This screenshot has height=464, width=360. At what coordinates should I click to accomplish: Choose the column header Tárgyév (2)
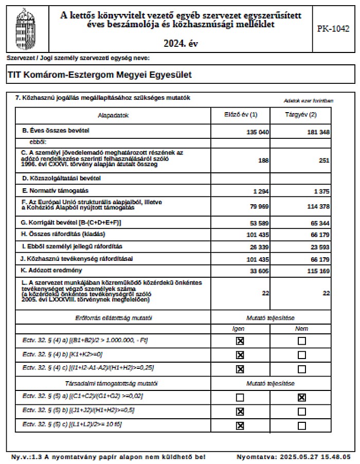[x=301, y=115]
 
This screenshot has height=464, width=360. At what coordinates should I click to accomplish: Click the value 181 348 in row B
[x=317, y=132]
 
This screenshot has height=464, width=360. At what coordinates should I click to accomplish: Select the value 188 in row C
[x=263, y=160]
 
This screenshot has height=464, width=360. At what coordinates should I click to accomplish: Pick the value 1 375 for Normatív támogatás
[x=320, y=191]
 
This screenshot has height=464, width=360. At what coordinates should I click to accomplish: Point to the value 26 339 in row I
[x=259, y=247]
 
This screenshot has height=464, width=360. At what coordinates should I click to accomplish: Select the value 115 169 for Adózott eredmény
[x=317, y=271]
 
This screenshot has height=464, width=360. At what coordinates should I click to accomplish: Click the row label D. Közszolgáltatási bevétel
[x=61, y=179]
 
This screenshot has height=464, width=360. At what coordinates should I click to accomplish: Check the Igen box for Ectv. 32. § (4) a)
[x=240, y=341]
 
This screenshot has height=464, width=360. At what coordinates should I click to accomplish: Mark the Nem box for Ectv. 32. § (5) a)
[x=301, y=397]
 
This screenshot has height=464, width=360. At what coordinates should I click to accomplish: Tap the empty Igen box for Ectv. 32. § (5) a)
[x=240, y=397]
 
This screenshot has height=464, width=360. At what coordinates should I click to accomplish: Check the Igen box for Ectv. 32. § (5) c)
[x=240, y=425]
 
